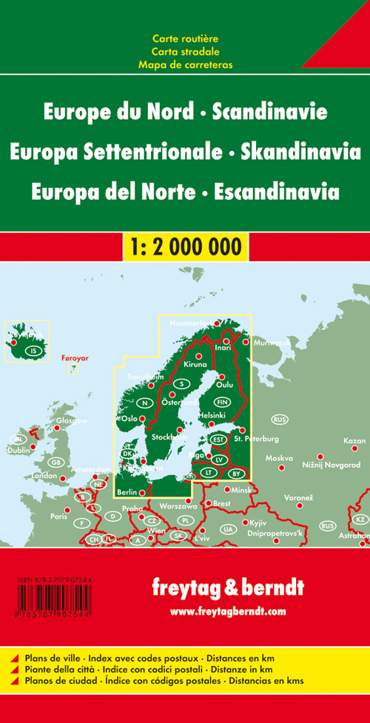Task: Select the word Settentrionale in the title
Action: (161, 152)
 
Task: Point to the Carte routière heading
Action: (185, 38)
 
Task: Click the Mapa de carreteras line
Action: (185, 64)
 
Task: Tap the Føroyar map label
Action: (74, 358)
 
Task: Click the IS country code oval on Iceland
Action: (32, 351)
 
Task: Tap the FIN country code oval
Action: (225, 402)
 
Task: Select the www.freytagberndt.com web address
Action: (227, 611)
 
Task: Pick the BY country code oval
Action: (236, 473)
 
